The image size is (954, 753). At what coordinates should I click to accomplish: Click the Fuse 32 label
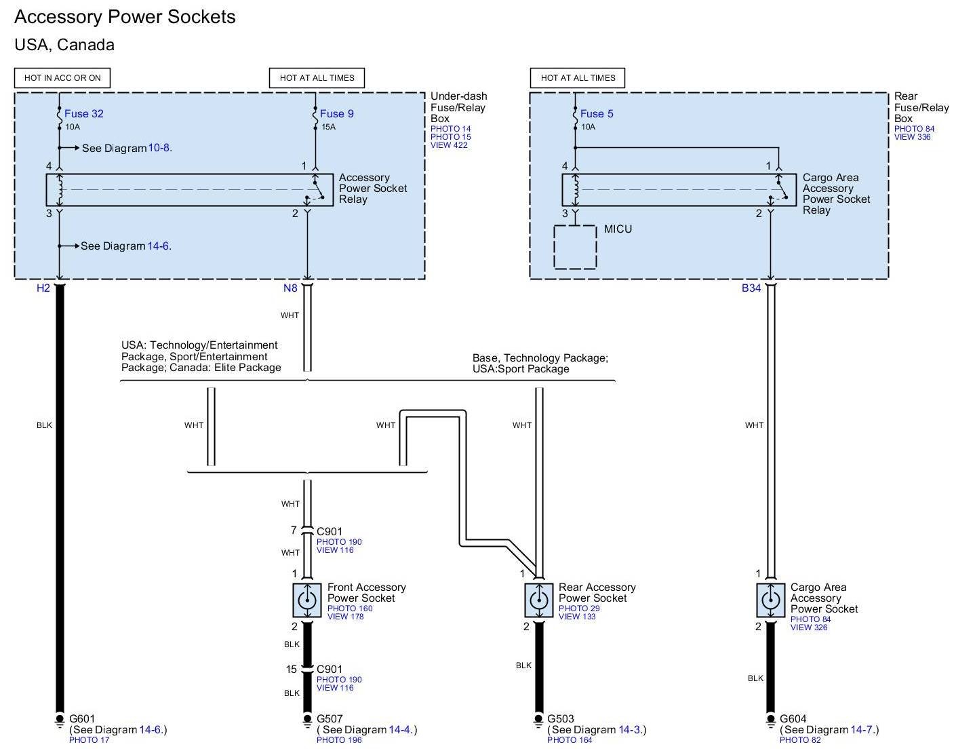84,113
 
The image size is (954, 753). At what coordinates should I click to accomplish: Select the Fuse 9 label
336,113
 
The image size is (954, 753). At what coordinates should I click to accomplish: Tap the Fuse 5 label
597,113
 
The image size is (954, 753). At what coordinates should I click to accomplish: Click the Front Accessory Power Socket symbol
306,600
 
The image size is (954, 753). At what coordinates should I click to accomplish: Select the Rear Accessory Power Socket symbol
538,600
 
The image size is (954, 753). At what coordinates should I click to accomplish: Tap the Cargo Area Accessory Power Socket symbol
770,600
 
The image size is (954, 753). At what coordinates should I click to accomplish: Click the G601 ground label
83,718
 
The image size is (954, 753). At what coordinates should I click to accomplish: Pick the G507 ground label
330,718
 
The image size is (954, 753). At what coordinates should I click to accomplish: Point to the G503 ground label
560,718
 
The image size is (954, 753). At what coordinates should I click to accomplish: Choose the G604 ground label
793,718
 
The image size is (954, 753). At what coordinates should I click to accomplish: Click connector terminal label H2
43,288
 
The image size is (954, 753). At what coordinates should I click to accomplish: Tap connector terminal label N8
290,288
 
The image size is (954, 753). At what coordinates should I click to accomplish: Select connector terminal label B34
751,288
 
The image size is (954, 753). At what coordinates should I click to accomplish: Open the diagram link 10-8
159,148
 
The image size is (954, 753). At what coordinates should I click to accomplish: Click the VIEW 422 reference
449,145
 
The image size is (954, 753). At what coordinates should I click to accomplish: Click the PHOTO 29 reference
579,609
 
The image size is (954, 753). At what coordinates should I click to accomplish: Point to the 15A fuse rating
328,127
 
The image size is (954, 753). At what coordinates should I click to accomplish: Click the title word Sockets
201,17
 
